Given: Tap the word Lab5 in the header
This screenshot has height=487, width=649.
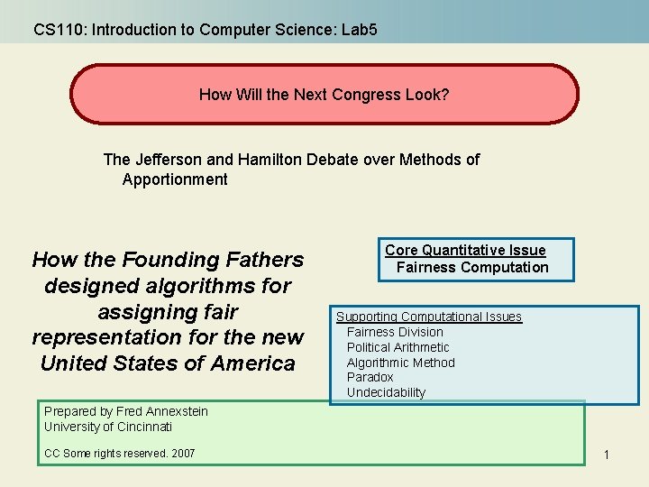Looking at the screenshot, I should pos(360,30).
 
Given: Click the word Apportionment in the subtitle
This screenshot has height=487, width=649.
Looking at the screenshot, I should pos(175,179).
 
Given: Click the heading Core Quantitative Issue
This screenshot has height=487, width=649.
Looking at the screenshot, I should pos(465,251).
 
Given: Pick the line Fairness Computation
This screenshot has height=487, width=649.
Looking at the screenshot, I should pos(472,267).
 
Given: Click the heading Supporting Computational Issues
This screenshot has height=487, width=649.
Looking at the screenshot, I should pos(429,317).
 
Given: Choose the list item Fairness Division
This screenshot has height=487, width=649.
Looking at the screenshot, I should pos(395,332).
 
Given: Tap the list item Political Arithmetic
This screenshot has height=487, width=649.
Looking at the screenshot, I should pos(398,347).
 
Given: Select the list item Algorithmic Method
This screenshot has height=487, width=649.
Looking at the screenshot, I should pos(400,363).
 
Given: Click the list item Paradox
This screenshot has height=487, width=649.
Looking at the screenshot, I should pos(370,377).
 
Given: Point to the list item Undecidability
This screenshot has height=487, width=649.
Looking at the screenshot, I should pos(386,392).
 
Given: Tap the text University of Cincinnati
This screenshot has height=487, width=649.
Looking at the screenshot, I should pos(108,427).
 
